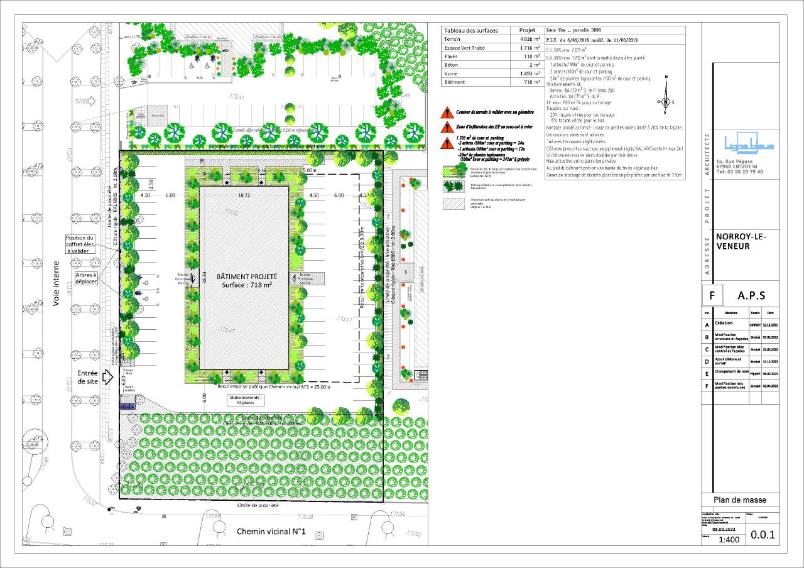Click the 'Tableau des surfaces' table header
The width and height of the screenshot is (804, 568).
coord(470,30)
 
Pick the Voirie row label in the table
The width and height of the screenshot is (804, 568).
coord(453,74)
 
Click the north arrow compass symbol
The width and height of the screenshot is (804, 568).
coord(665,102)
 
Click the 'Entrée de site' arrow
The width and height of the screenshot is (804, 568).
coord(107,377)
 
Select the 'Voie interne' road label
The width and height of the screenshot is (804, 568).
coord(56,283)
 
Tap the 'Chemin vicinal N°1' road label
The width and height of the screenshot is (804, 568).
coord(271,532)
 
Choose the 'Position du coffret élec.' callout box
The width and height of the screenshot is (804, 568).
coord(80,244)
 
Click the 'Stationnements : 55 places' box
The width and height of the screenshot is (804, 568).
coord(247,401)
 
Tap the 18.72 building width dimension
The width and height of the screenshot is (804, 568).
coord(244,195)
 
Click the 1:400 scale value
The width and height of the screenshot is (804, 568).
coord(728,539)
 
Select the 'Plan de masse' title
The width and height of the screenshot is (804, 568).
coord(740,500)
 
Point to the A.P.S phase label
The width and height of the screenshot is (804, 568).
coord(751,295)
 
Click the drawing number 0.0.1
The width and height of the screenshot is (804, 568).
coord(763,535)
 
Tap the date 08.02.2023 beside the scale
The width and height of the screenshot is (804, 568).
coord(727,530)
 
